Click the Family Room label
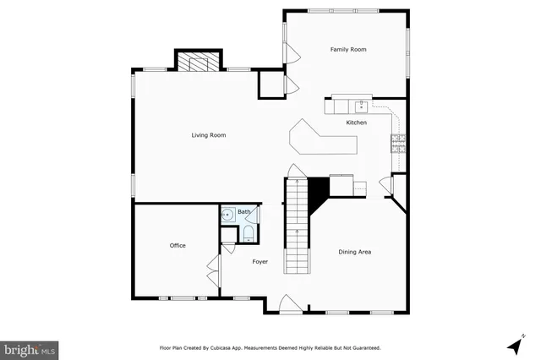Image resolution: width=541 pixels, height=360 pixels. tap(347, 50)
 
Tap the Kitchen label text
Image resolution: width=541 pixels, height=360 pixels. tap(356, 123)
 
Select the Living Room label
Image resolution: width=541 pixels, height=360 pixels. tap(208, 135)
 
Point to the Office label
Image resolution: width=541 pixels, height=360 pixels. tap(178, 245)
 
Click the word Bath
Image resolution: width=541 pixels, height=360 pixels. tap(243, 211)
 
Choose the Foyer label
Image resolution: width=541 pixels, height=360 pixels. tap(260, 261)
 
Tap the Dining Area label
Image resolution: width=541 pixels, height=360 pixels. tap(355, 252)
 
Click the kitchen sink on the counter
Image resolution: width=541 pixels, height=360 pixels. tap(361, 106)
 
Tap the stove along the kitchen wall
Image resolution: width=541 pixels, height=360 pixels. tap(397, 143)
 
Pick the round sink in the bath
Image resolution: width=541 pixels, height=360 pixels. tap(228, 216)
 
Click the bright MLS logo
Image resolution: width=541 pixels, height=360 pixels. tap(30, 348)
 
